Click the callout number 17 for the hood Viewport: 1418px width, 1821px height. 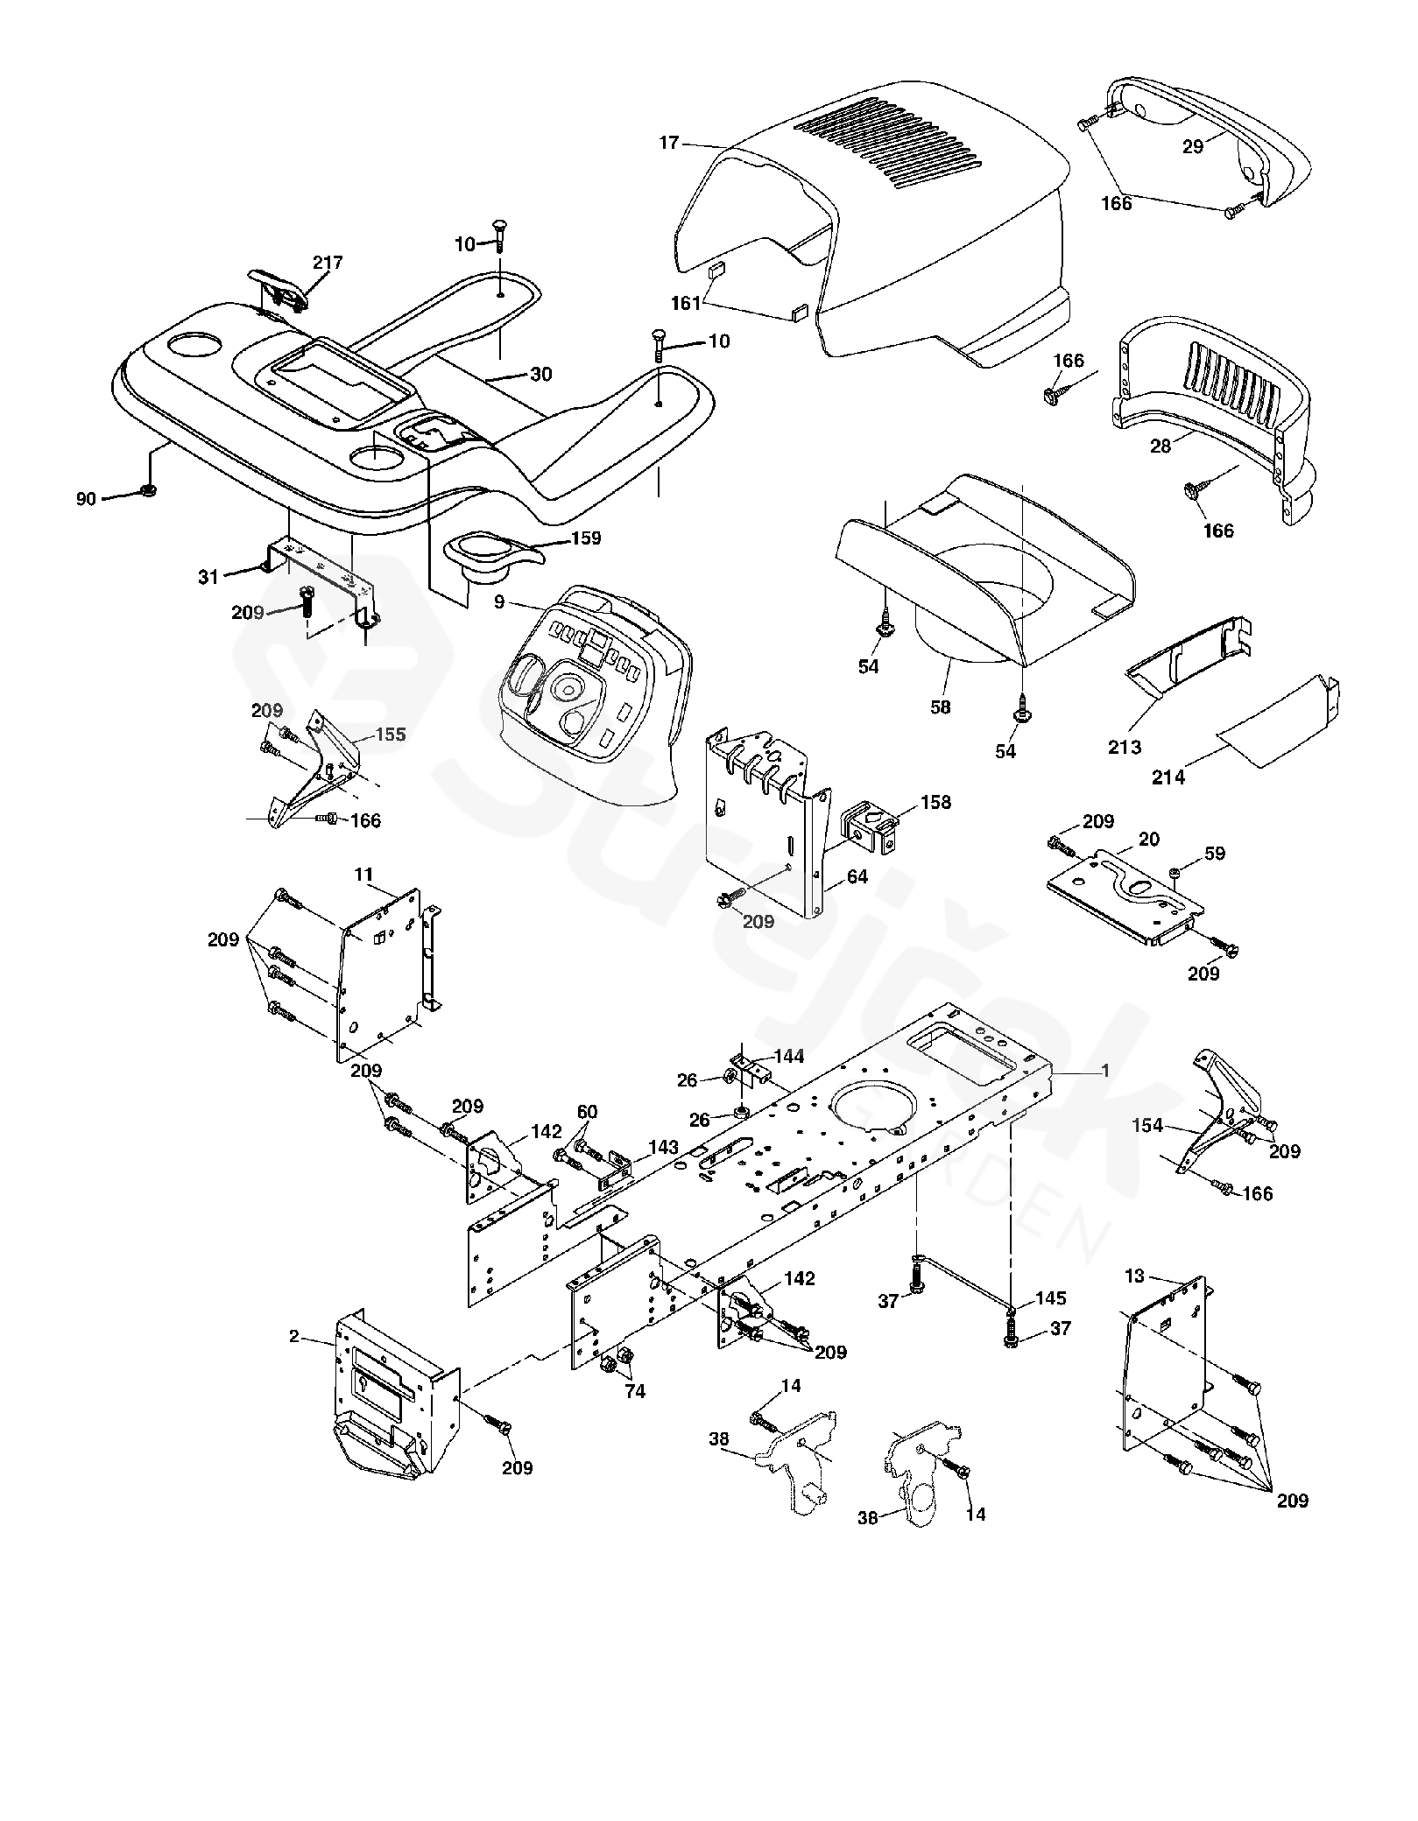click(x=669, y=142)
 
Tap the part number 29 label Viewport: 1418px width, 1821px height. click(x=1194, y=147)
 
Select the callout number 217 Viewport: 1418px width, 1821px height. click(x=328, y=263)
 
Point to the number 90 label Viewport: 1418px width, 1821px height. click(x=87, y=500)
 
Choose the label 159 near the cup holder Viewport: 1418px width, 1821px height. click(x=586, y=538)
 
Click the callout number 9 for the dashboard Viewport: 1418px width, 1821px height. click(x=498, y=601)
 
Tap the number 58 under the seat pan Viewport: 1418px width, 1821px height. click(x=941, y=707)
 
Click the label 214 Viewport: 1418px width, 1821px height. click(x=1169, y=777)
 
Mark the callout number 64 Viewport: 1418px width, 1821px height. click(x=857, y=876)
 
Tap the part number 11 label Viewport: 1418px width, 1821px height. click(x=364, y=875)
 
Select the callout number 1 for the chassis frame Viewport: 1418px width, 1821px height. click(x=1105, y=1071)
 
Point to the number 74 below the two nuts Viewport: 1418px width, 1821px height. click(x=634, y=1391)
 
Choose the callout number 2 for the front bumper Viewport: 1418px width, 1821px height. click(x=294, y=1336)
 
